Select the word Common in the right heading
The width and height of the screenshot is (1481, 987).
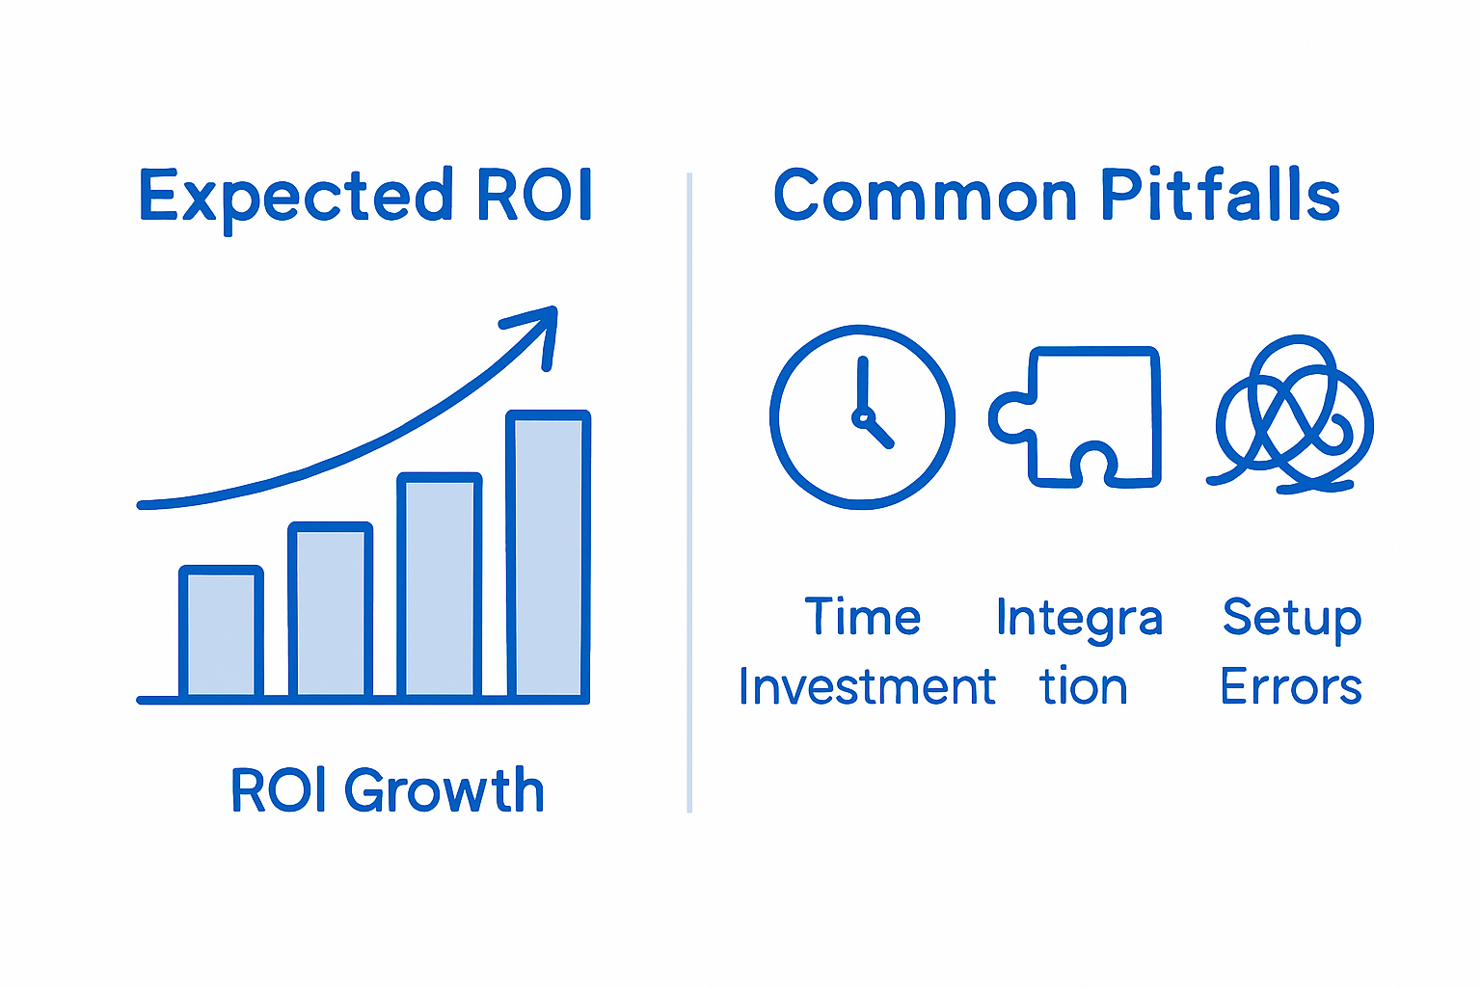[925, 196]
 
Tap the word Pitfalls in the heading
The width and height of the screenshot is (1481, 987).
[1220, 195]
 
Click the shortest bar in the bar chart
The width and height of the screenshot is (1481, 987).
[221, 632]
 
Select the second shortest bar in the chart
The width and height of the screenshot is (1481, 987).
[331, 610]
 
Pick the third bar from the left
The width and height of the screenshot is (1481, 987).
[440, 585]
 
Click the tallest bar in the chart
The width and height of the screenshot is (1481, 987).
[549, 555]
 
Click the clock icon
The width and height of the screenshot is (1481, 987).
[862, 416]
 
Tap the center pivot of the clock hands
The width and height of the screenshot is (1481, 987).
[861, 417]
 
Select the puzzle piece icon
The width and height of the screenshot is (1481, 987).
[1078, 417]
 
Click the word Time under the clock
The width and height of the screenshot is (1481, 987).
[863, 617]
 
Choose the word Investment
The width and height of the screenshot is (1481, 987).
[867, 687]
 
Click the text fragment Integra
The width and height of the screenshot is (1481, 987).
[1079, 619]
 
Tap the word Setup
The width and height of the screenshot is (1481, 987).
[1292, 619]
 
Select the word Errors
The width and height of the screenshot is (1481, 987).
[1291, 687]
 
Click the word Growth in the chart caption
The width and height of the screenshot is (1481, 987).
[444, 791]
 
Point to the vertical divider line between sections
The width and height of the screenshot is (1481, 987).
[689, 492]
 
